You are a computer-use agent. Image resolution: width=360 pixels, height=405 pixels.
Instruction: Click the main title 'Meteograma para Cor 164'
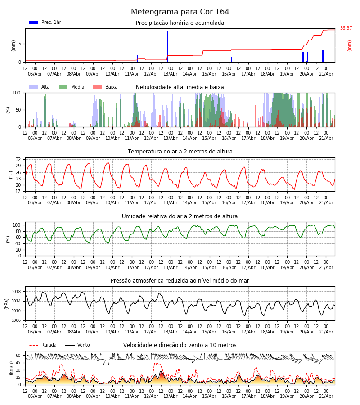(180, 12)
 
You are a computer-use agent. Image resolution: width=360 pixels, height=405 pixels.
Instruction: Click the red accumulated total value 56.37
(346, 28)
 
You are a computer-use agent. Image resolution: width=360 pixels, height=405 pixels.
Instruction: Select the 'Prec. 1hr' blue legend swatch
(34, 22)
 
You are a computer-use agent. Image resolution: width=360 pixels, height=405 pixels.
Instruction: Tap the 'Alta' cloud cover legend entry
(40, 87)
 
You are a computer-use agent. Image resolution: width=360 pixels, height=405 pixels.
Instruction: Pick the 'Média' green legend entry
(72, 87)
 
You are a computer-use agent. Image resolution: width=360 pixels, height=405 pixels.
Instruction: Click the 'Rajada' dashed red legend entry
(43, 345)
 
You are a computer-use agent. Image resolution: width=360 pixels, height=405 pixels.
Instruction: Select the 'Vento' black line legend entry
(77, 345)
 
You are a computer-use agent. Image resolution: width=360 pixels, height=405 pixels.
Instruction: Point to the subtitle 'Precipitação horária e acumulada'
(180, 23)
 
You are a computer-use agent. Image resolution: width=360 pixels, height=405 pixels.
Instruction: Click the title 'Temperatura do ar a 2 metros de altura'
(180, 152)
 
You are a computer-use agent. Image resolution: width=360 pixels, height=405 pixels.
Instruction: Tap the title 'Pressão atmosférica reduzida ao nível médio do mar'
(180, 280)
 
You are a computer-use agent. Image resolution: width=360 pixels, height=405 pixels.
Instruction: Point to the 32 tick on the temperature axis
(18, 159)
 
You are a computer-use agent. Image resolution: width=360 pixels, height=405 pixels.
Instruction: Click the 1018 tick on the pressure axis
(17, 292)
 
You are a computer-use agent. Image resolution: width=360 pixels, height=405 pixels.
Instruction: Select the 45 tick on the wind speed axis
(18, 363)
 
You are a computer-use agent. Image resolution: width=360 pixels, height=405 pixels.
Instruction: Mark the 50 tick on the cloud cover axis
(18, 110)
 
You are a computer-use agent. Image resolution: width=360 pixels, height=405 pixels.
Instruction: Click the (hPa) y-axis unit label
(7, 304)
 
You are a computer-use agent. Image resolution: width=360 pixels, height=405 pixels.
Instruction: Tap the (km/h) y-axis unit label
(11, 368)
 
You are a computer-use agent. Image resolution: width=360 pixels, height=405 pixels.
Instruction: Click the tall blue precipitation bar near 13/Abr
(167, 47)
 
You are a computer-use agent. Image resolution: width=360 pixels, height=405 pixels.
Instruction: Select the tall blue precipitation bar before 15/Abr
(203, 47)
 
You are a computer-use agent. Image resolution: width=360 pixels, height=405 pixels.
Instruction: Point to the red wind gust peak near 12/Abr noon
(157, 363)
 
